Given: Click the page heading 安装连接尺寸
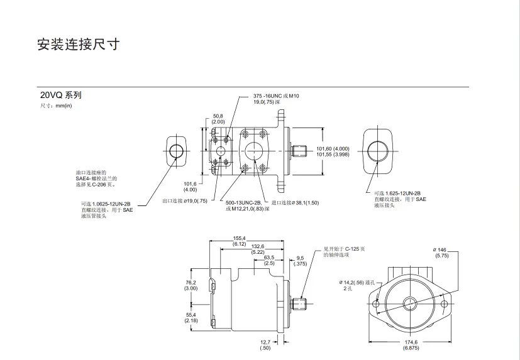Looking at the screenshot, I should pyautogui.click(x=78, y=45).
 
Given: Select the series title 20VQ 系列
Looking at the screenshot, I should pyautogui.click(x=61, y=95).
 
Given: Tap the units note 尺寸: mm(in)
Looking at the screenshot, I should pyautogui.click(x=57, y=106).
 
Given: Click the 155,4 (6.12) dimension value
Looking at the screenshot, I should pyautogui.click(x=239, y=241).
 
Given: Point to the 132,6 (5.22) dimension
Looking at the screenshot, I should pyautogui.click(x=258, y=249).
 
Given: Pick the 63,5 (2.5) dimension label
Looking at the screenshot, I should pyautogui.click(x=269, y=260).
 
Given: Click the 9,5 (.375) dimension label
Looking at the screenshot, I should pyautogui.click(x=300, y=260).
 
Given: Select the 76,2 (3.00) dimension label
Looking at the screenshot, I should pyautogui.click(x=191, y=285).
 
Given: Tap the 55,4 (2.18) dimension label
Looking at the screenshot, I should pyautogui.click(x=191, y=317).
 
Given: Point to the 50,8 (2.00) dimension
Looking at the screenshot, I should pyautogui.click(x=218, y=119).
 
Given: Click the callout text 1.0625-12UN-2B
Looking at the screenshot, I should pyautogui.click(x=106, y=204).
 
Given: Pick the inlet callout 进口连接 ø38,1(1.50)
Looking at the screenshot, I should pyautogui.click(x=295, y=203).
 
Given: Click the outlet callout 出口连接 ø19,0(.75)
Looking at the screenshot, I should pyautogui.click(x=184, y=200).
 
